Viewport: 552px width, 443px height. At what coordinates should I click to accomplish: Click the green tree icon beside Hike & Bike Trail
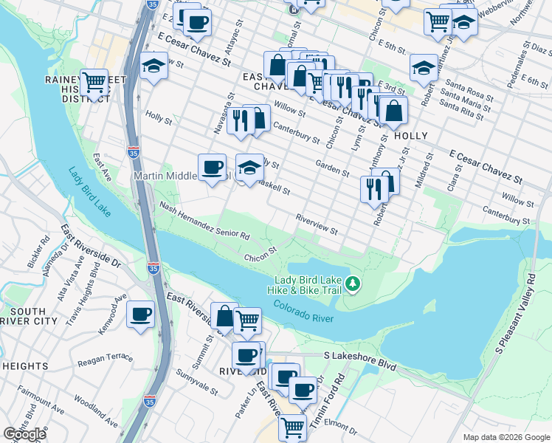point(353,284)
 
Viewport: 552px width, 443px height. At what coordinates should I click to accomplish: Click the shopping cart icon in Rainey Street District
point(94,83)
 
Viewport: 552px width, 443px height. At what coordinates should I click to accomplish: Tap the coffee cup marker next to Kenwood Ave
point(140,315)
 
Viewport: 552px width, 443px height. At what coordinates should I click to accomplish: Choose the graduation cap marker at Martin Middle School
point(249,168)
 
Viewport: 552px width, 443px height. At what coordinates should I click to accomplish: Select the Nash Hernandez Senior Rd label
point(204,222)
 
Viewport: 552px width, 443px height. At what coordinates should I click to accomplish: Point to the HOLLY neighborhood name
point(411,136)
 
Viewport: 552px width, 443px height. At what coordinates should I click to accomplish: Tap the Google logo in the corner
point(24,433)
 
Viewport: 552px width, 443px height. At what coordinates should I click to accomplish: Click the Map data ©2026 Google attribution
point(506,437)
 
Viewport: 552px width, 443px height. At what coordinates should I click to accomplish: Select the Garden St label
point(332,168)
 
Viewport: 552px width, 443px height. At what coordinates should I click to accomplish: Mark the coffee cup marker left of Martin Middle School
point(212,168)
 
